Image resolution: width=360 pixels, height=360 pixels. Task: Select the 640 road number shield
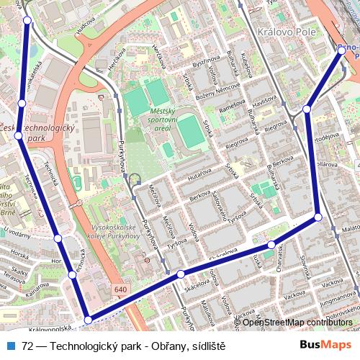120,289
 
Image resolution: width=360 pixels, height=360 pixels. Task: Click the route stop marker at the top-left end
27,21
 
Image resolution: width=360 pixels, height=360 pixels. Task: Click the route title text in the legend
124,345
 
